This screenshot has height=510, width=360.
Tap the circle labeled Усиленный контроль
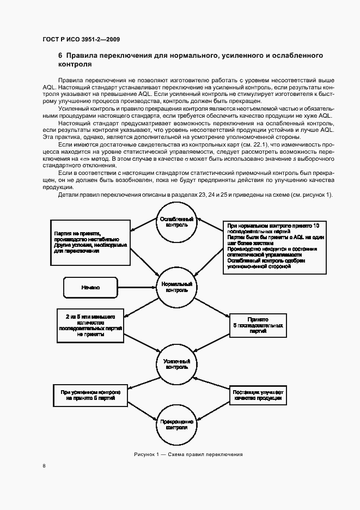(176, 364)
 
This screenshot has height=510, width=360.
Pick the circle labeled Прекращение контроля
(176, 425)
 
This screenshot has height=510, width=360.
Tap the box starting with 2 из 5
(90, 326)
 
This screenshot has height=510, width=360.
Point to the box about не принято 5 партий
(90, 395)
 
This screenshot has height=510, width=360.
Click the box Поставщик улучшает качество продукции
(258, 395)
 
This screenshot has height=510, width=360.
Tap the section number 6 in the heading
(60, 56)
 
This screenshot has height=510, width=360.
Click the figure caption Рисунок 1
(188, 454)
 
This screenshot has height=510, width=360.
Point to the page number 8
(44, 466)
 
